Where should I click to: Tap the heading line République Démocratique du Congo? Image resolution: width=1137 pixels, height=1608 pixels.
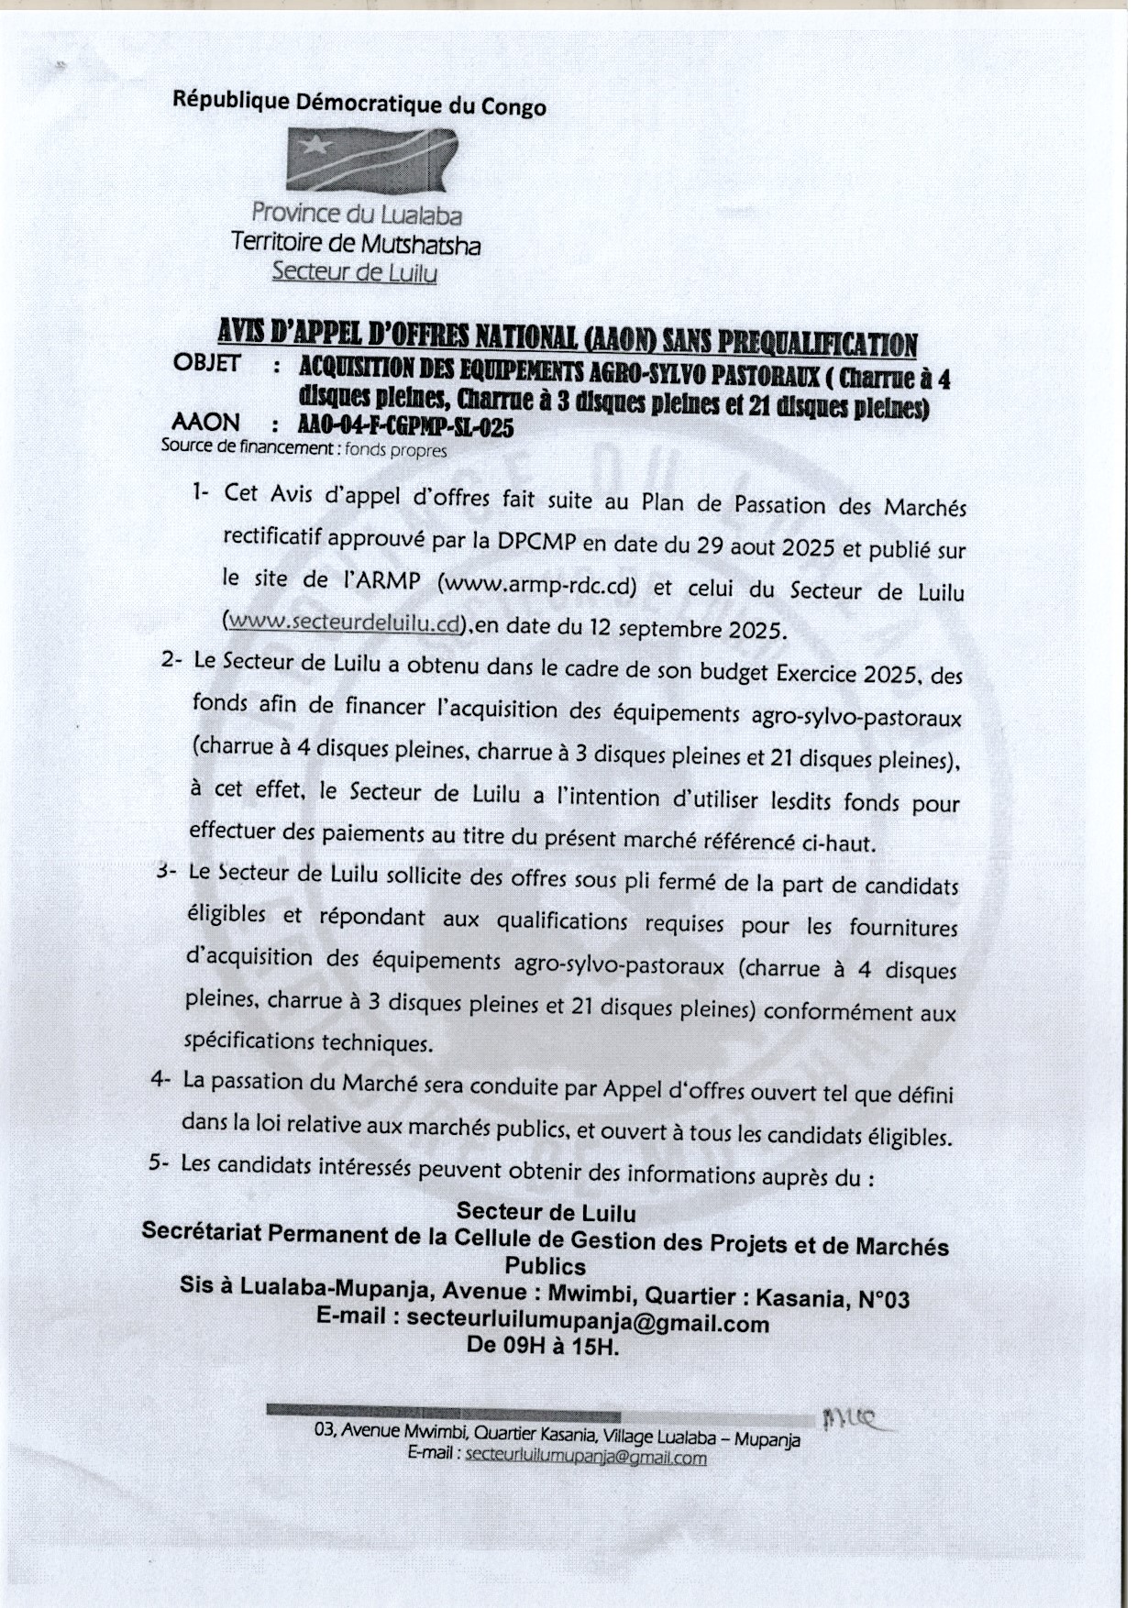point(359,104)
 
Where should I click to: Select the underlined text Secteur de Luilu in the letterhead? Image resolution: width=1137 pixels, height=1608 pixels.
point(355,272)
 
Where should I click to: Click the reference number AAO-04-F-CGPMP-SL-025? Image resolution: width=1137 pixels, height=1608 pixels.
point(406,427)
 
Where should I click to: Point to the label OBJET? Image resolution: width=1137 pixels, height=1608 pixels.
point(206,363)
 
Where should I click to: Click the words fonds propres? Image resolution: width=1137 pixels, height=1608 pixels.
point(396,451)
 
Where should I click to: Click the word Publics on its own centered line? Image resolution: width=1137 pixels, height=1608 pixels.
point(546,1266)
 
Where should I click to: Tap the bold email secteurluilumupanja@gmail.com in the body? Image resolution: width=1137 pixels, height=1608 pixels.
point(588,1323)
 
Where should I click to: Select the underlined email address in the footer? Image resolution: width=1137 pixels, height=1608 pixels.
point(586,1457)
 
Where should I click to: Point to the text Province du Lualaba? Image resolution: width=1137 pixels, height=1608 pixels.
point(357,215)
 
